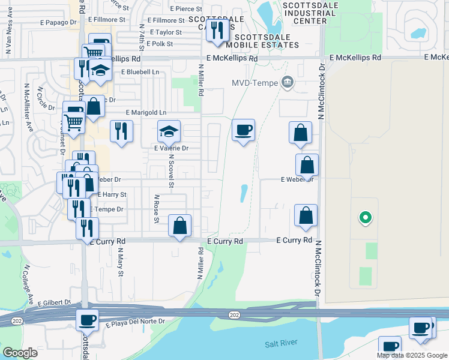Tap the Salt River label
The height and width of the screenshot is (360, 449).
280,344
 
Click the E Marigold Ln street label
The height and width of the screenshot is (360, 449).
146,112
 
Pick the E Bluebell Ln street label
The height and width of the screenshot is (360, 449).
143,71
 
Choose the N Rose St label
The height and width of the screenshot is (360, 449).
157,208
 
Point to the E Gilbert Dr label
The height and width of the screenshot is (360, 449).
54,304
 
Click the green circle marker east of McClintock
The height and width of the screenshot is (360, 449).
364,218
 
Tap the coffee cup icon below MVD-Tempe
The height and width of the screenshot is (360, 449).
243,130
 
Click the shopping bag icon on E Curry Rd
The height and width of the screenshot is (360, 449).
179,226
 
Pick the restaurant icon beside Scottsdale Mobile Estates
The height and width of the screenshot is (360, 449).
217,30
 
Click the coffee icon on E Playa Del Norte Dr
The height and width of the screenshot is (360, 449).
88,320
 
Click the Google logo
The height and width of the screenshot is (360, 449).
20,353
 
